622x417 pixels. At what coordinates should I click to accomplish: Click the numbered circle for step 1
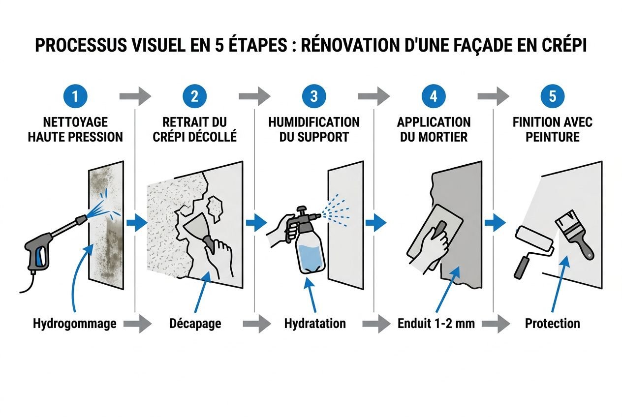[x=75, y=96]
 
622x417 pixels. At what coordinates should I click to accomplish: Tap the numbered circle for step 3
[x=314, y=96]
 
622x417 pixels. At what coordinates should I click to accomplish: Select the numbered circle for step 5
[x=552, y=96]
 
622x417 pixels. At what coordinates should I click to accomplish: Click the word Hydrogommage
[x=75, y=324]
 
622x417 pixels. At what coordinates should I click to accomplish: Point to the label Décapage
[x=195, y=324]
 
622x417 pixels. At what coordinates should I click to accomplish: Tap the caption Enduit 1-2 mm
[x=435, y=324]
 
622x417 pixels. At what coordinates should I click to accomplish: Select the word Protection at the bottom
[x=552, y=324]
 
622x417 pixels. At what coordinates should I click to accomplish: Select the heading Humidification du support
[x=314, y=129]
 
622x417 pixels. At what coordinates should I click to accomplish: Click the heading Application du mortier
[x=434, y=129]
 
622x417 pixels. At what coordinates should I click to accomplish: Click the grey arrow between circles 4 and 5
[x=493, y=96]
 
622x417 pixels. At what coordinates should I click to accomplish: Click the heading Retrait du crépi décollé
[x=195, y=129]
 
